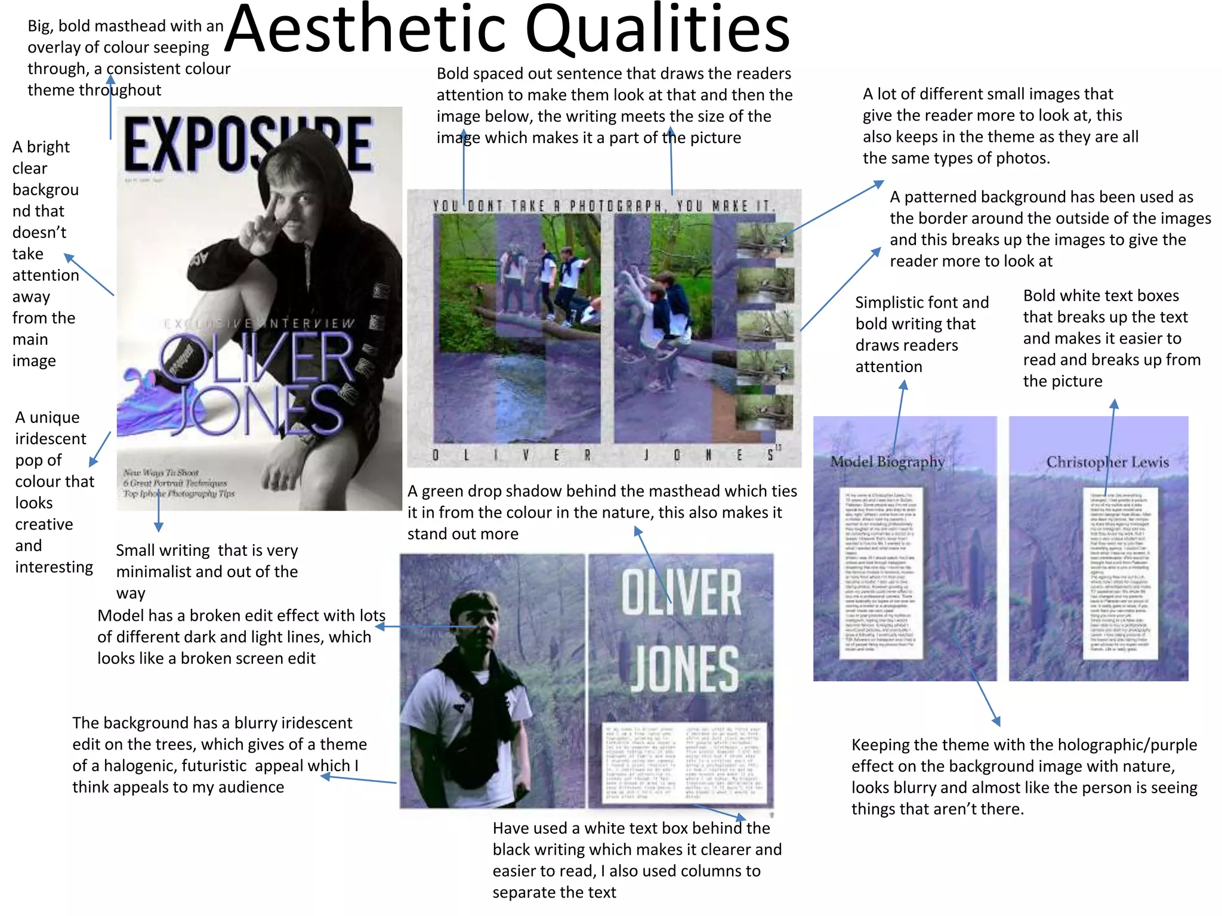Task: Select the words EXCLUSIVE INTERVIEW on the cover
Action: (260, 324)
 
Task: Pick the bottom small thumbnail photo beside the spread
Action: (765, 411)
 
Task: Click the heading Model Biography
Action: (887, 462)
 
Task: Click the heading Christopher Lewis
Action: (1107, 462)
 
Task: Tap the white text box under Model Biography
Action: (881, 572)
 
